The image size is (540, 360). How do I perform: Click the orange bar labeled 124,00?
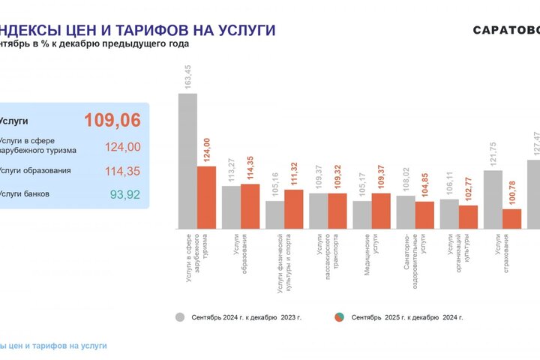(x=206, y=197)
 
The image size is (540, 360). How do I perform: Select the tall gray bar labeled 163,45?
(x=187, y=160)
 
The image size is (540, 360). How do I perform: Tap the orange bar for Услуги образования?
(x=250, y=206)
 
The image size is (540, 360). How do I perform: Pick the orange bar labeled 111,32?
(x=293, y=208)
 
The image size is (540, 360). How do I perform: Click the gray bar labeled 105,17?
(x=362, y=214)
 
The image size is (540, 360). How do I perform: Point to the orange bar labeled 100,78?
(x=512, y=218)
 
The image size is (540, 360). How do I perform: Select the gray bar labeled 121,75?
(x=493, y=199)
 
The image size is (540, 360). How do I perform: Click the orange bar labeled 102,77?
(x=468, y=217)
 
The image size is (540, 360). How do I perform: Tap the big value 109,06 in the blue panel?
(x=112, y=120)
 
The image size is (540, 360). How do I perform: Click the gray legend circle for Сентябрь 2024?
(x=180, y=317)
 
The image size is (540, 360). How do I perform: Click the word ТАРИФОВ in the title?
(x=130, y=30)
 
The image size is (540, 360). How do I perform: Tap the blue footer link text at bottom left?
(x=53, y=346)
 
